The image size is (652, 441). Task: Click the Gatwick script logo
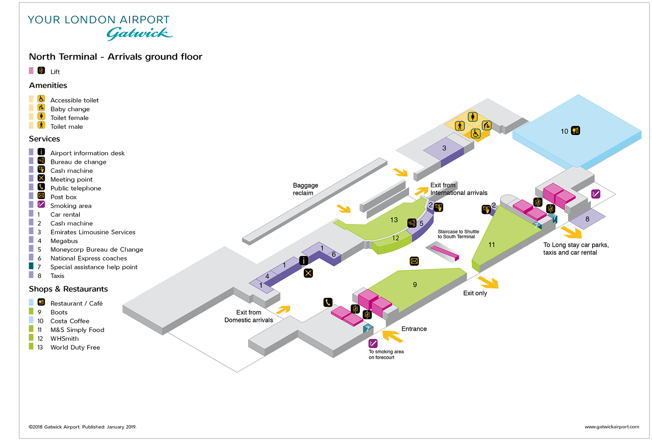(139, 33)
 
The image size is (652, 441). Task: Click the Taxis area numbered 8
(587, 219)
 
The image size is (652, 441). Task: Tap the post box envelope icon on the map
(414, 261)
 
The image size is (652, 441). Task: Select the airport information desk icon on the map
(304, 260)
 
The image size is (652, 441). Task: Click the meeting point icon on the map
(308, 273)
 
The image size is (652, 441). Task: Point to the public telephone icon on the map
(328, 302)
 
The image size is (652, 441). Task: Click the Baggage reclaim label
(305, 189)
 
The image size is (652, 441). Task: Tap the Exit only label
(475, 293)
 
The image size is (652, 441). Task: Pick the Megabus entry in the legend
(64, 241)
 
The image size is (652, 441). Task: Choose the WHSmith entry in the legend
(64, 339)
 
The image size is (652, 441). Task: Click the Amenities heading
(48, 86)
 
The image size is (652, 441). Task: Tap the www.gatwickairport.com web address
(612, 427)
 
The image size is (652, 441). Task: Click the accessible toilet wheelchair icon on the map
(476, 133)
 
